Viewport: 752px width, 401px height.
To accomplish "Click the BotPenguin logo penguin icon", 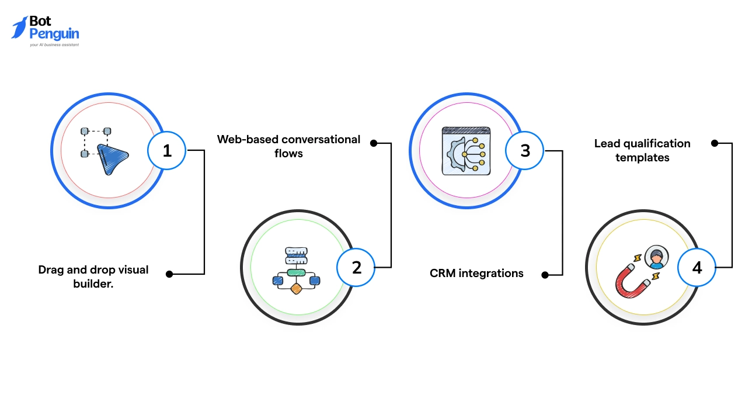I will point(19,27).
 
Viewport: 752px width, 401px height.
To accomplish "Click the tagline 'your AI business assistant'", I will point(54,44).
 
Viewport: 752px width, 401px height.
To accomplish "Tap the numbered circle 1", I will point(167,150).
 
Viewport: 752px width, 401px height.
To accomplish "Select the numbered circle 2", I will point(356,267).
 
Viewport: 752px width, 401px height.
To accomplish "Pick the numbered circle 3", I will point(525,150).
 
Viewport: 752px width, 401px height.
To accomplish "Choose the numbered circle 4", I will point(697,267).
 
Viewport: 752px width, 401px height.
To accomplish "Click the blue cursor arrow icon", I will point(113,159).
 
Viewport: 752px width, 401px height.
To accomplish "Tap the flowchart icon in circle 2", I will point(296,271).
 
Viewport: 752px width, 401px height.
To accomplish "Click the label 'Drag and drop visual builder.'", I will point(93,276).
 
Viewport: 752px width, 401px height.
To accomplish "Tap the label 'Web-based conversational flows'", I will point(288,146).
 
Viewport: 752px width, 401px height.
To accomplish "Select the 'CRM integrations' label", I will point(476,273).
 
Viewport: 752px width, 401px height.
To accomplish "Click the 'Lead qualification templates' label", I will point(642,150).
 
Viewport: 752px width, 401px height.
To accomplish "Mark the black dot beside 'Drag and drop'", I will point(169,274).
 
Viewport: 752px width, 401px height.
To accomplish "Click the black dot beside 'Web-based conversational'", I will point(374,143).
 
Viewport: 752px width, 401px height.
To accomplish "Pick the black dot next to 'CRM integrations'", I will point(544,274).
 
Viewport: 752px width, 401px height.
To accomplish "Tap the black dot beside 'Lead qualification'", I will point(713,143).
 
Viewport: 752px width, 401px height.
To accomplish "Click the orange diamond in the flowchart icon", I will point(296,288).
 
